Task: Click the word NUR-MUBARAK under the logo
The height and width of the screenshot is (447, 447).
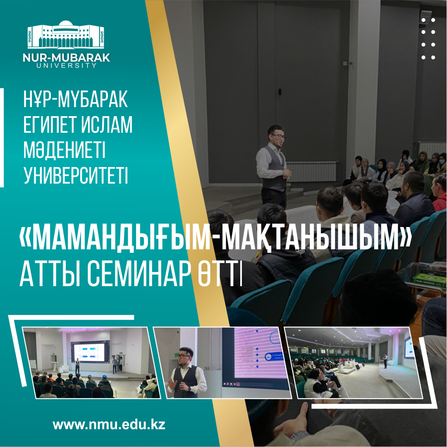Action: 66,58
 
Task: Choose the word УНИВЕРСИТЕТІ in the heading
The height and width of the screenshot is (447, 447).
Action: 76,176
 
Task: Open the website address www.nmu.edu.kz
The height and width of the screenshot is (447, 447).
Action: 109,425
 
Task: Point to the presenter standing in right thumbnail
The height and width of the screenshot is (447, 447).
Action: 385,360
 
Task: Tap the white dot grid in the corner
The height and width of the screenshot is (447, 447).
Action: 428,38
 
